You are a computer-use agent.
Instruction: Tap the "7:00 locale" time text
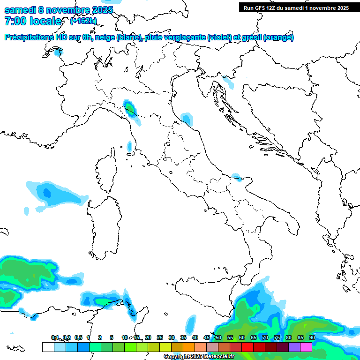pyautogui.click(x=32, y=21)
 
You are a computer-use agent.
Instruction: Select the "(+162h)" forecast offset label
pyautogui.click(x=83, y=21)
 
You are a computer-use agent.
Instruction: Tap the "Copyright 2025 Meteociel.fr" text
pyautogui.click(x=199, y=357)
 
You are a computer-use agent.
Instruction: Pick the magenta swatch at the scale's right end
pyautogui.click(x=306, y=347)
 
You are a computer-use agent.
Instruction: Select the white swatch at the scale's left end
pyautogui.click(x=48, y=347)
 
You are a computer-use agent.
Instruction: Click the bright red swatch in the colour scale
pyautogui.click(x=247, y=347)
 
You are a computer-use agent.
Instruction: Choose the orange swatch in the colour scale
pyautogui.click(x=189, y=347)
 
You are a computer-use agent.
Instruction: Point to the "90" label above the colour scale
pyautogui.click(x=312, y=338)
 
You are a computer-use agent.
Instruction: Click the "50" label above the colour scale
pyautogui.click(x=218, y=338)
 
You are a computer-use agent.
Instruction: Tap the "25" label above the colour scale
pyautogui.click(x=159, y=338)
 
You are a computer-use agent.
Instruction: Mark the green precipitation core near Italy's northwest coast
pyautogui.click(x=130, y=110)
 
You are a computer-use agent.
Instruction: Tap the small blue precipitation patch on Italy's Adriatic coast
pyautogui.click(x=187, y=118)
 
